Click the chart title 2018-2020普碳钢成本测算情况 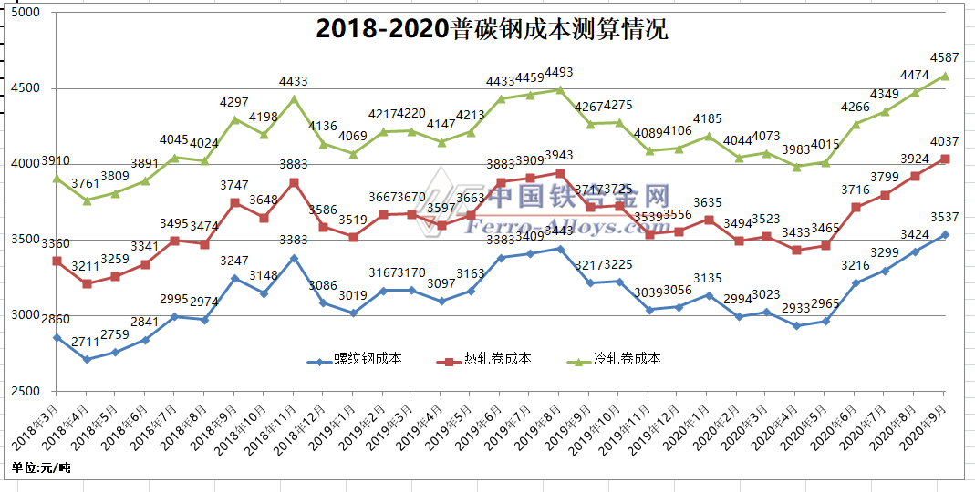pos(492,29)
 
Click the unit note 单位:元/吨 pos(41,467)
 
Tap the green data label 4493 pos(559,73)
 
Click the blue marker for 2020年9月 pos(945,235)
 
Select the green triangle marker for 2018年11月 pos(294,99)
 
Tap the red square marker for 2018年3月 pos(57,261)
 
